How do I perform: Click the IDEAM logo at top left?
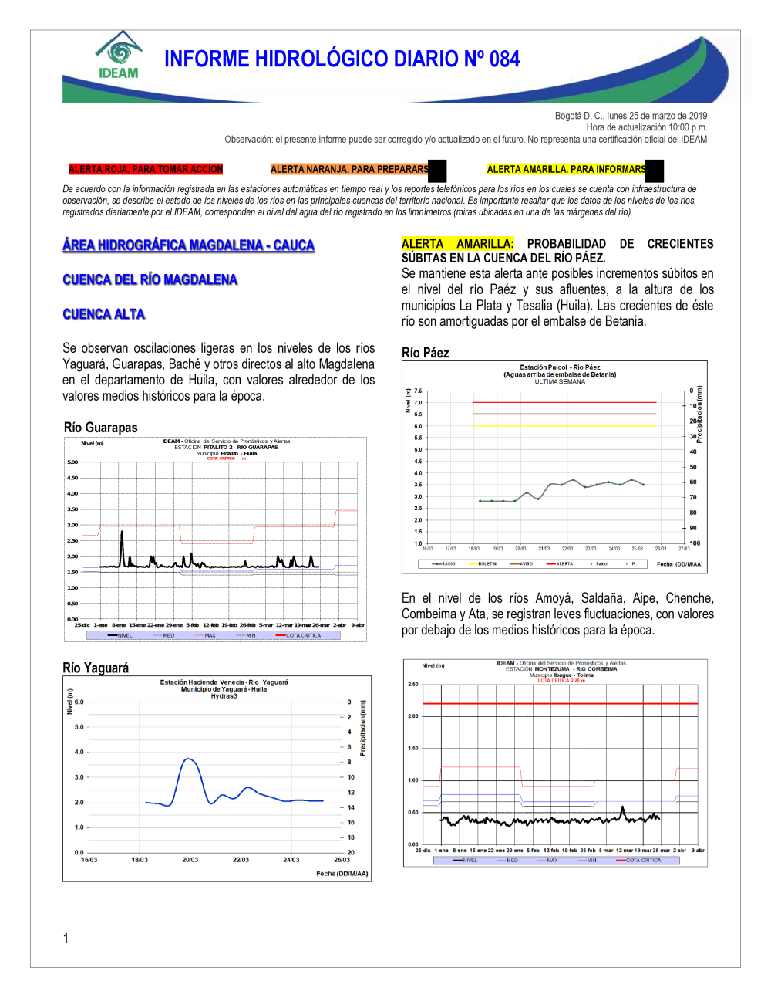[x=119, y=56]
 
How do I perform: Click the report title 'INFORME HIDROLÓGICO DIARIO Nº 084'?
[x=342, y=59]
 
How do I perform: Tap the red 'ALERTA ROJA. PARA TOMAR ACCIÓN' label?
[x=145, y=169]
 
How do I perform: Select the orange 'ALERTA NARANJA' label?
[x=349, y=169]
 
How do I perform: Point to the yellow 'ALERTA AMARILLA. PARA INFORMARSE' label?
[x=567, y=169]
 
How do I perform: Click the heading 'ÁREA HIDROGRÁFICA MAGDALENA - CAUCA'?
[x=188, y=245]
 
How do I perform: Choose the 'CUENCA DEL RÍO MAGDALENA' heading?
[x=150, y=279]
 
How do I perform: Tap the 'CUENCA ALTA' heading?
[x=103, y=314]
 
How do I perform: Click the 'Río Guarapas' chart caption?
[x=100, y=428]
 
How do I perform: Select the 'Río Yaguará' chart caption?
[x=96, y=668]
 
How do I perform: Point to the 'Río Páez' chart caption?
[x=425, y=353]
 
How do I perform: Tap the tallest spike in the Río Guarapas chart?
[x=122, y=533]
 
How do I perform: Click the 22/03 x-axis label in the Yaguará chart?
[x=241, y=860]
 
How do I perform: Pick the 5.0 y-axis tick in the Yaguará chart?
[x=79, y=727]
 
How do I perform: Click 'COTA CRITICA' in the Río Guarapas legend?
[x=302, y=636]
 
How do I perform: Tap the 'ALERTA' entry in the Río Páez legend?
[x=564, y=564]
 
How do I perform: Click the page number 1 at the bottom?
[x=66, y=939]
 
